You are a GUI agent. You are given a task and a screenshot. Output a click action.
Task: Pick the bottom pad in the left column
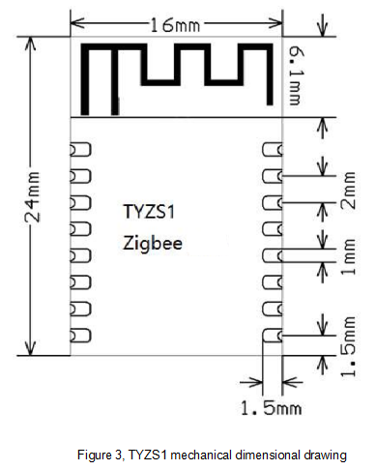(80, 335)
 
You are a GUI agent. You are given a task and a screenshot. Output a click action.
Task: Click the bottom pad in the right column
(273, 335)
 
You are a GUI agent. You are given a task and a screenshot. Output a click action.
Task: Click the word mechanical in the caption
(205, 455)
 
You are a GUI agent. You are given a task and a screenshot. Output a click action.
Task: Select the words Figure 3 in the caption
(101, 455)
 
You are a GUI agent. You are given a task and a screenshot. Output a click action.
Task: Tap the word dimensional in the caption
(268, 455)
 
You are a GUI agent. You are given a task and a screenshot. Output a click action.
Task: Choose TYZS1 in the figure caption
(147, 455)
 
